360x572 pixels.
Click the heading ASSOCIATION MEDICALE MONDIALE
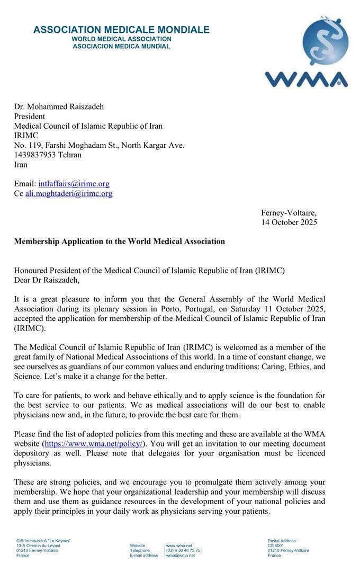[x=121, y=30]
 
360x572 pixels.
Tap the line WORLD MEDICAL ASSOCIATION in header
[x=121, y=39]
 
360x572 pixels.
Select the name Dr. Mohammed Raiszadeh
[x=59, y=106]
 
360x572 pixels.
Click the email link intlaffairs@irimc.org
[x=74, y=184]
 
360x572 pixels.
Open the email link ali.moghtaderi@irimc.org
[x=69, y=194]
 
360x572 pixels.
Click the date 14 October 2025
[x=289, y=222]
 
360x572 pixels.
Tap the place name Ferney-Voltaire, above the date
[x=289, y=213]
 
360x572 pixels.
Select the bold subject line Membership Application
[x=119, y=242]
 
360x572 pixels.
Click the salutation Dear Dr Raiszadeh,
[x=47, y=280]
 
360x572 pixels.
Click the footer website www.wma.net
[x=179, y=546]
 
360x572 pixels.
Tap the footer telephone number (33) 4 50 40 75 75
[x=183, y=550]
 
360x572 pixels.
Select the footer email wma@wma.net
[x=181, y=556]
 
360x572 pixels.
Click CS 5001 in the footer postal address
[x=276, y=546]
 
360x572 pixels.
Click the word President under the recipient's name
[x=29, y=116]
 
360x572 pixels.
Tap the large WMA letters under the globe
[x=307, y=79]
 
